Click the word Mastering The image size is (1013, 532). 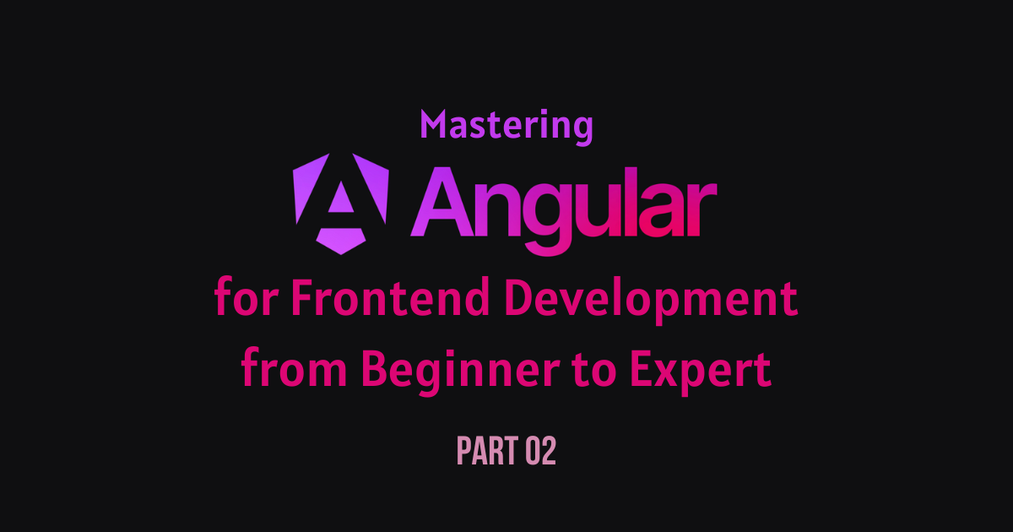click(x=506, y=126)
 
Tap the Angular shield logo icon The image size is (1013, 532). click(x=341, y=204)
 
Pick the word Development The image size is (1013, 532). click(x=651, y=301)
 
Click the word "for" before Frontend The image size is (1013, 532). click(x=246, y=296)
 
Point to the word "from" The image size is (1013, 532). click(x=294, y=367)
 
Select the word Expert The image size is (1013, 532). click(x=701, y=372)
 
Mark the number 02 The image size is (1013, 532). click(x=540, y=451)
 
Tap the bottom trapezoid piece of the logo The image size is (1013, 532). click(x=341, y=241)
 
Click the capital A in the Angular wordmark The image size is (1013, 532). click(x=441, y=202)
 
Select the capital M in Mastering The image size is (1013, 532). click(x=434, y=124)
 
